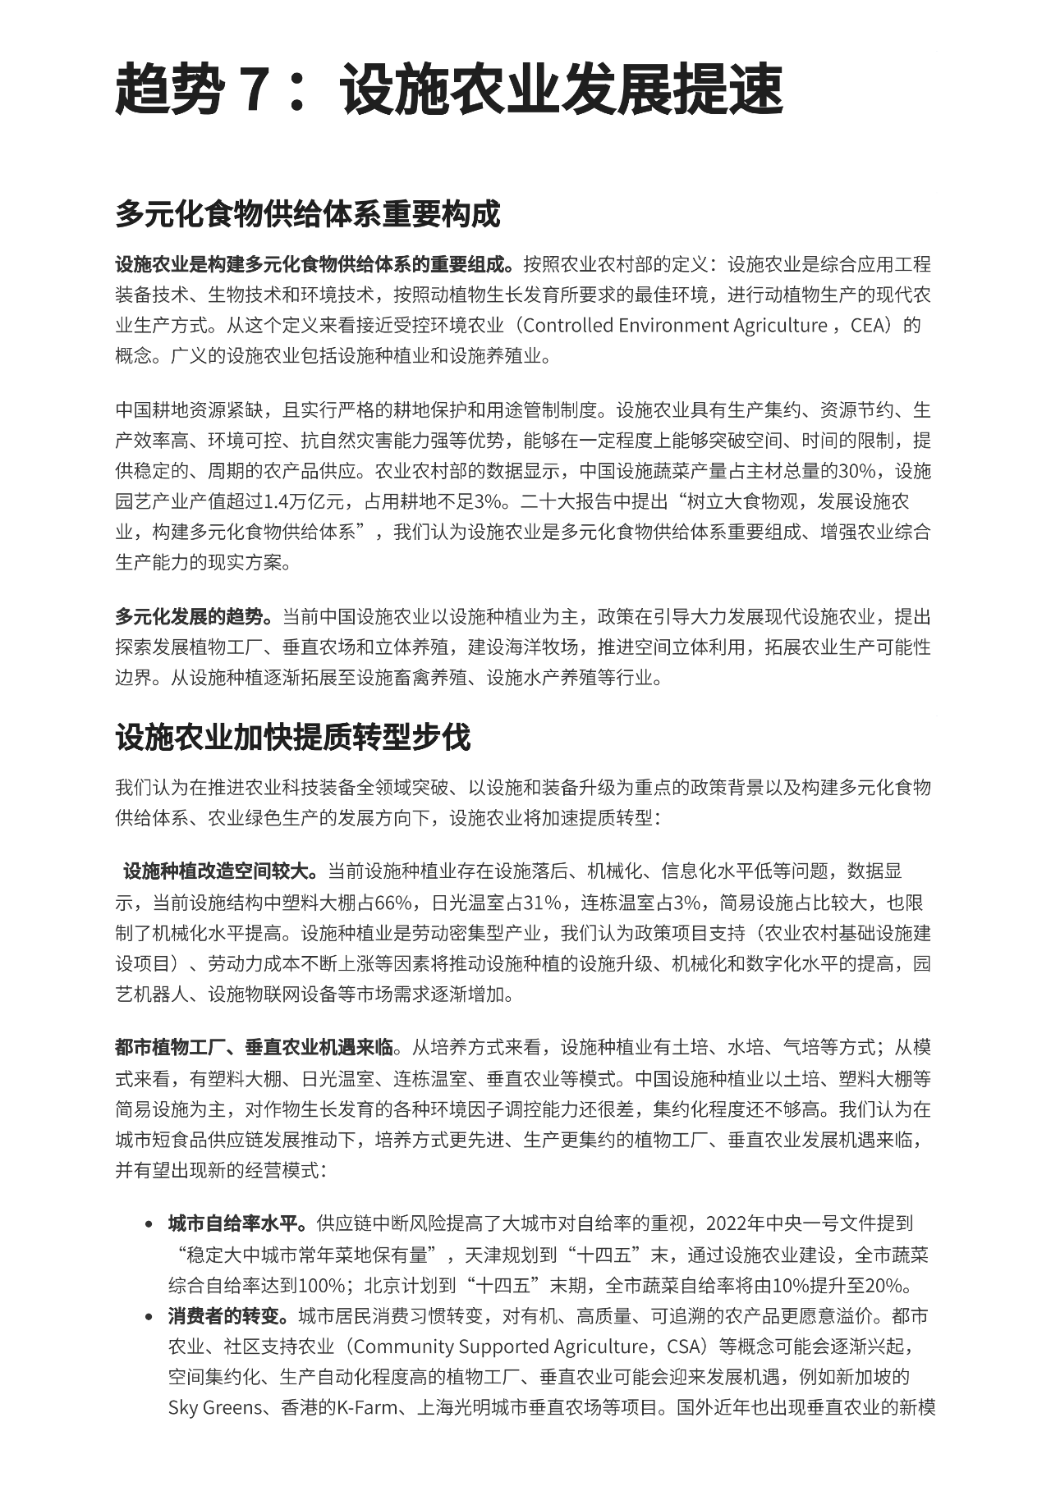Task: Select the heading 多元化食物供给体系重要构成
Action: click(308, 214)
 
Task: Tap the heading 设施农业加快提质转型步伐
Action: click(293, 737)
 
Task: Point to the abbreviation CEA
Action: click(870, 326)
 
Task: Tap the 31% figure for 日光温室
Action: click(544, 903)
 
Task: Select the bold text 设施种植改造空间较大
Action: click(220, 871)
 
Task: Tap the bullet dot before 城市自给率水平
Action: click(149, 1224)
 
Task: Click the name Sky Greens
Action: click(215, 1408)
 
